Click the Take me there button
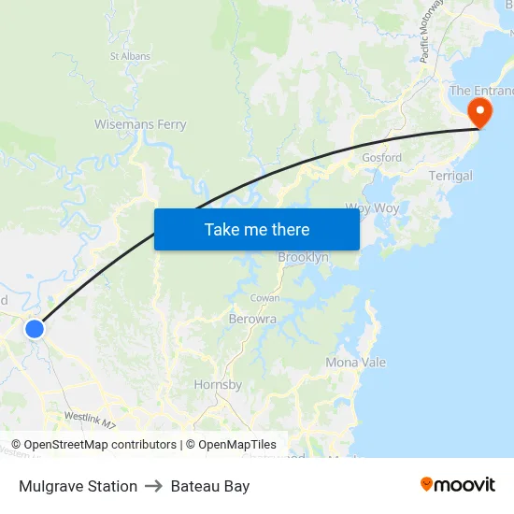257,229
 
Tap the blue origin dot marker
35,329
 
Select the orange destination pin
479,114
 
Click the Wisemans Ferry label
140,124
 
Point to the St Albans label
130,56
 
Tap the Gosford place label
381,158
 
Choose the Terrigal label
450,176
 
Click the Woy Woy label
372,207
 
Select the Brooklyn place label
303,257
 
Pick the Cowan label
264,297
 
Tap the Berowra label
252,319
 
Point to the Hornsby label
218,385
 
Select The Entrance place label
481,91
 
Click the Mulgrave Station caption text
78,486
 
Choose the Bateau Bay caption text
210,486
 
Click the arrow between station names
154,486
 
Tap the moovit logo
458,484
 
